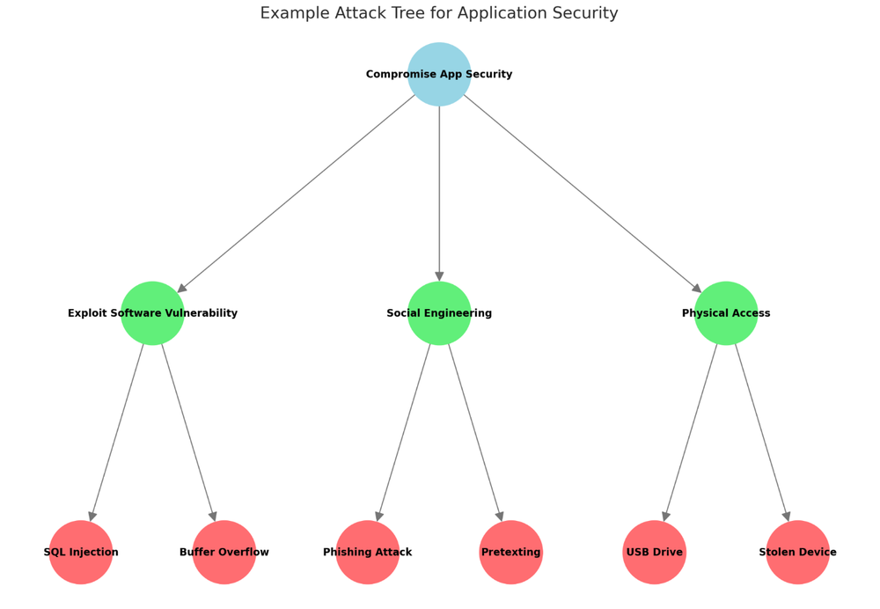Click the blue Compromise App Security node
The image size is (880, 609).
(x=439, y=74)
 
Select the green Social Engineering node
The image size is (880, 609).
(x=439, y=313)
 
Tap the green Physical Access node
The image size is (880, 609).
(x=726, y=313)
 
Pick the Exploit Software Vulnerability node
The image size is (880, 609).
(x=152, y=313)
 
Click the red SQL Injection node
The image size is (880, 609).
(x=81, y=552)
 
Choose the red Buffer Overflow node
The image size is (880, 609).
(x=224, y=552)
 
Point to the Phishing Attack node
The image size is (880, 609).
(x=368, y=552)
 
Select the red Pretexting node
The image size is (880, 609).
(x=511, y=552)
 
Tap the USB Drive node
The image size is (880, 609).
(x=655, y=552)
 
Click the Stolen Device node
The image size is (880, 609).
(x=798, y=552)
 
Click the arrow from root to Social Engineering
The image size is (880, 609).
(x=439, y=194)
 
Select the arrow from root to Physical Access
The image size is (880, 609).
(x=583, y=194)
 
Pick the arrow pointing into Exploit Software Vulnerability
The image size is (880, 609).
(x=296, y=194)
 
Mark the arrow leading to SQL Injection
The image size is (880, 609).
(x=117, y=432)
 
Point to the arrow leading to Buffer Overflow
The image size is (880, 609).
(x=188, y=432)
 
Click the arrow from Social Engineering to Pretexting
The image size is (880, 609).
(x=475, y=432)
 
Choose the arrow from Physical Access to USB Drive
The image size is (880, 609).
(x=691, y=432)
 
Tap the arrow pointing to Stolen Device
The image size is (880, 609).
(x=762, y=432)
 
